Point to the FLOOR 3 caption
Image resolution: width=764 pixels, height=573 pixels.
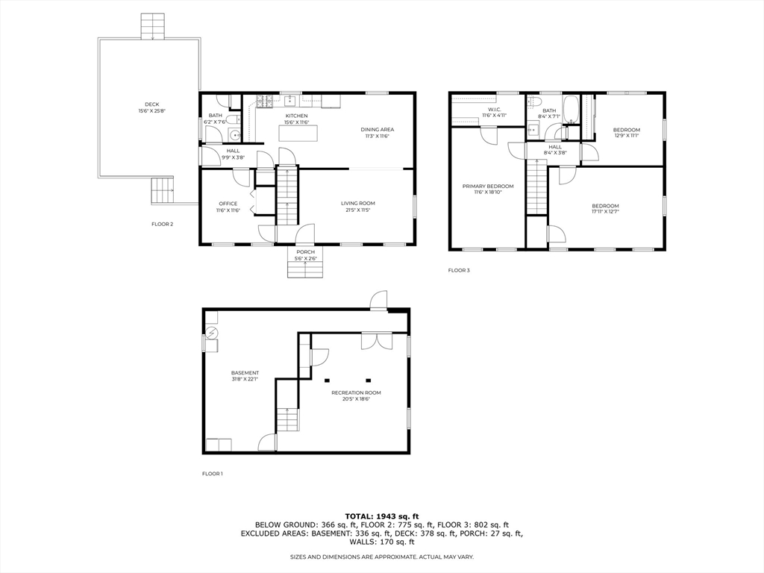pyautogui.click(x=459, y=270)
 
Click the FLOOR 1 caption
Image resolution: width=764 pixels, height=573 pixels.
pyautogui.click(x=213, y=474)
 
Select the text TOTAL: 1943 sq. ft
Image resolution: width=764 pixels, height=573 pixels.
pyautogui.click(x=382, y=516)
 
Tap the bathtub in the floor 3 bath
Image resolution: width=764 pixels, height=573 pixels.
pyautogui.click(x=571, y=110)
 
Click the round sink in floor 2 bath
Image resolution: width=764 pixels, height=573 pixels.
pyautogui.click(x=234, y=135)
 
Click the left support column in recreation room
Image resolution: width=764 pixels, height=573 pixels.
pyautogui.click(x=327, y=380)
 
